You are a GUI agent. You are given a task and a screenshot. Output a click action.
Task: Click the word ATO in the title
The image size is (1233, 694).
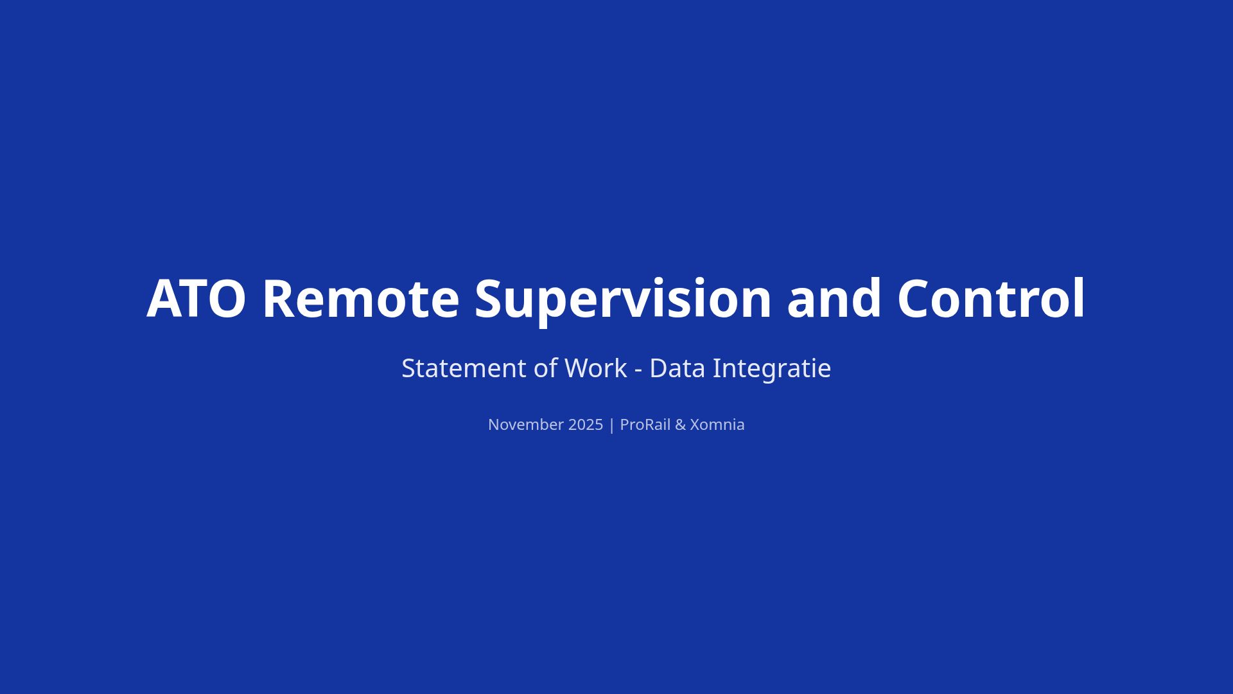pyautogui.click(x=196, y=298)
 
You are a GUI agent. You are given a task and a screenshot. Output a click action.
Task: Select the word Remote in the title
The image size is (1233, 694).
pyautogui.click(x=361, y=298)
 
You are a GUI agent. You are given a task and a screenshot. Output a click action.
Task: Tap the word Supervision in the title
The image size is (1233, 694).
pyautogui.click(x=623, y=301)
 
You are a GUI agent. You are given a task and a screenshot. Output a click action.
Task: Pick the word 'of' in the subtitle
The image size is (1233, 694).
pyautogui.click(x=545, y=368)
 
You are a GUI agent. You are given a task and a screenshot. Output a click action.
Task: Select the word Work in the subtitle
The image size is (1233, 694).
pyautogui.click(x=595, y=368)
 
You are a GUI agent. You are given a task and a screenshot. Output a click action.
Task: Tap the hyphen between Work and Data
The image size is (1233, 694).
pyautogui.click(x=638, y=371)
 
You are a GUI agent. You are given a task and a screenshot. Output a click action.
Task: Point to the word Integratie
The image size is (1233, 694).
pyautogui.click(x=772, y=369)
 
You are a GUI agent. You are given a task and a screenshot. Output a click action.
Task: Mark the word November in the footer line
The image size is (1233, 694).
pyautogui.click(x=526, y=425)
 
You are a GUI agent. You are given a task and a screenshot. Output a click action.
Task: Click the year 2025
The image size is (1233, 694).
pyautogui.click(x=586, y=425)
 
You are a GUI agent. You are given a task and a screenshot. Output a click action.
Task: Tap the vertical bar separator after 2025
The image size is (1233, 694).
pyautogui.click(x=611, y=425)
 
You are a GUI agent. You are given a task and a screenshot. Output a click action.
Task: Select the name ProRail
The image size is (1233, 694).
pyautogui.click(x=645, y=425)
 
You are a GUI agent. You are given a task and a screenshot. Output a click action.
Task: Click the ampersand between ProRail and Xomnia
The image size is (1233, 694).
pyautogui.click(x=680, y=425)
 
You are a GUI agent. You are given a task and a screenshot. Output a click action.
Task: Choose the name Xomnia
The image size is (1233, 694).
pyautogui.click(x=717, y=425)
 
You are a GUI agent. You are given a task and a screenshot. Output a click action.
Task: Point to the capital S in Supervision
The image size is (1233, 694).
pyautogui.click(x=489, y=298)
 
